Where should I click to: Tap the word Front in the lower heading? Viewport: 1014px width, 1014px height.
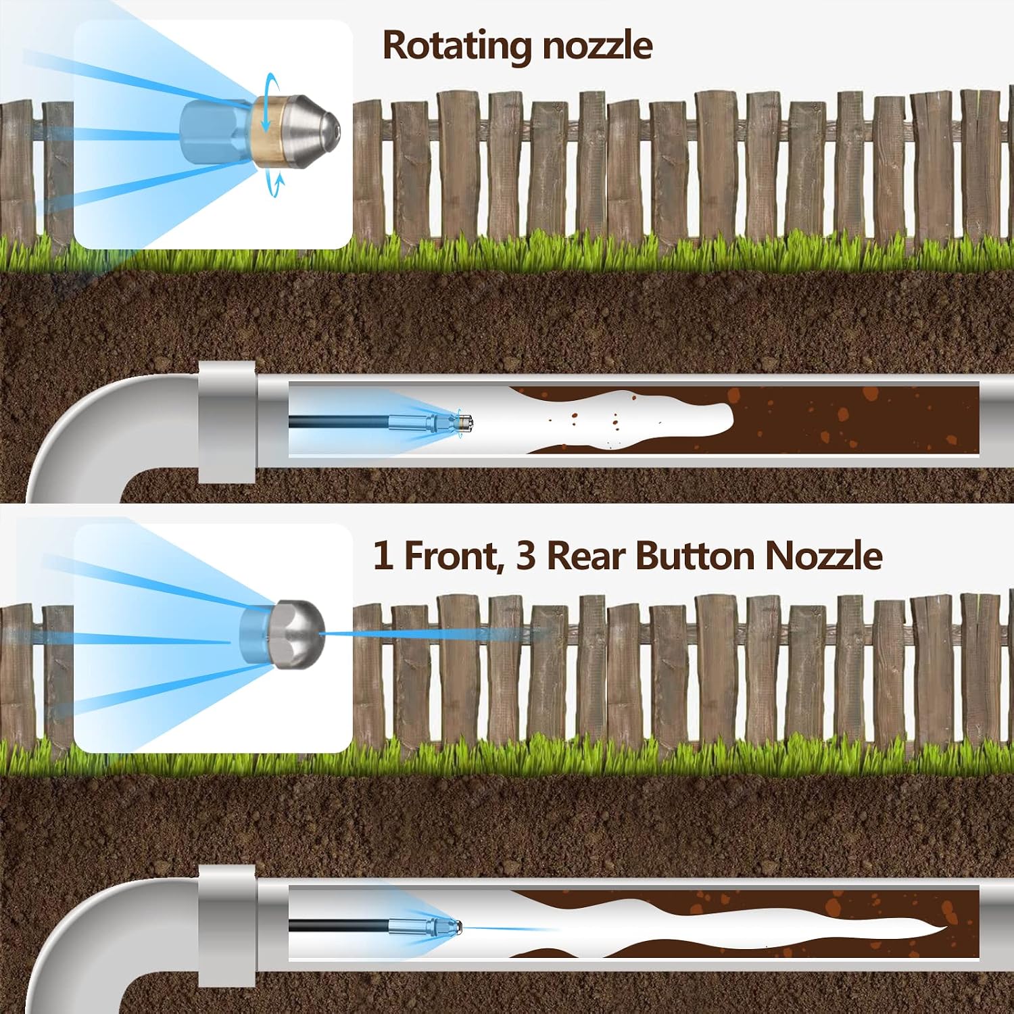coord(454,556)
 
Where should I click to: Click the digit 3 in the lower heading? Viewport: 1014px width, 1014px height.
coord(525,556)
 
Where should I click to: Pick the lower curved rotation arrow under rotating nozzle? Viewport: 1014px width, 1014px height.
coord(273,183)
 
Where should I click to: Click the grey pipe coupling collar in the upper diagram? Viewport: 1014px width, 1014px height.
coord(227,422)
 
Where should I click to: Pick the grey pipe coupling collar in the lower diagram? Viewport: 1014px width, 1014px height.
coord(227,926)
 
